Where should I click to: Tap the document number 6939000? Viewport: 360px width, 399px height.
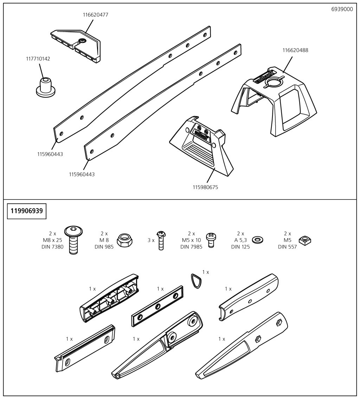[342, 9]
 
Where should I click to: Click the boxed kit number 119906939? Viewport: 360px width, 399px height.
[27, 211]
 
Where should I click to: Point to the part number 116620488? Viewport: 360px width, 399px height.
[295, 50]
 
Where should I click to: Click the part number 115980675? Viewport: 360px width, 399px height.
[205, 187]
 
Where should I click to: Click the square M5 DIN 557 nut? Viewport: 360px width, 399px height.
[305, 241]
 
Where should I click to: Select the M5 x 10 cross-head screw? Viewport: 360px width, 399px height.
[211, 240]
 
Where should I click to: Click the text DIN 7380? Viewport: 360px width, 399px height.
[52, 247]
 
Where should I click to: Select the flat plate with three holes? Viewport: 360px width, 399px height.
[157, 306]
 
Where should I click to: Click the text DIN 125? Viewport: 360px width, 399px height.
[240, 247]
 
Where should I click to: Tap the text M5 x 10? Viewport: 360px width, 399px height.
[191, 240]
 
